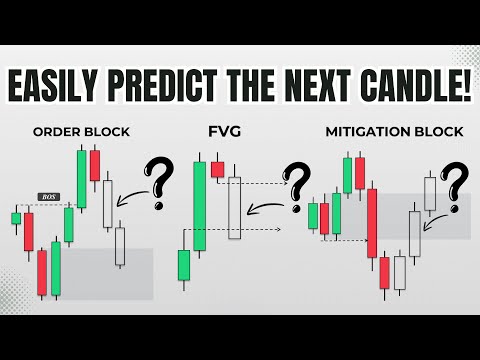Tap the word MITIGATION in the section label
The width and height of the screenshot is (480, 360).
(x=361, y=131)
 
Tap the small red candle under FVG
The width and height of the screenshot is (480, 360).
(x=217, y=168)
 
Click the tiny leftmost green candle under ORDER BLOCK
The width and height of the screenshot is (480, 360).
(x=16, y=218)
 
